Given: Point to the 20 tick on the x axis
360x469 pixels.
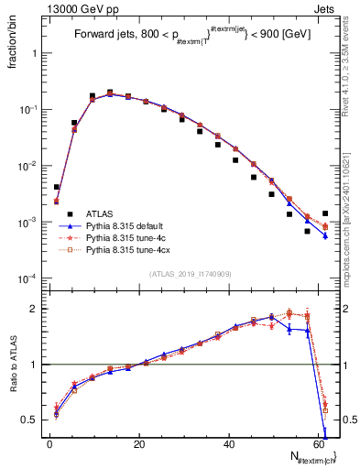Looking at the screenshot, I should point(139,444).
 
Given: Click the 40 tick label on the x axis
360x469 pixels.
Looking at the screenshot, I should point(229,444).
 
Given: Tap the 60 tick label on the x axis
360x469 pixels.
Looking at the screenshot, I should point(319,444).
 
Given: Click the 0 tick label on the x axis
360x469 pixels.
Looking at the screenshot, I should point(50,444).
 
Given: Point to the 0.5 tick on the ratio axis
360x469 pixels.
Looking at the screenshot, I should point(30,420).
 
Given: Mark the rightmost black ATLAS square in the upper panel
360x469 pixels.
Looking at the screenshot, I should point(325,213).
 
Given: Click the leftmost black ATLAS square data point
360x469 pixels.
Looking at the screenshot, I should point(57,187).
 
